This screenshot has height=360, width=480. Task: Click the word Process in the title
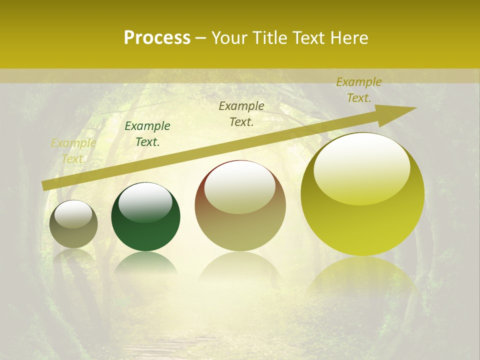[x=157, y=38]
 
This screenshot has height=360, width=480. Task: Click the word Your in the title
[x=230, y=38]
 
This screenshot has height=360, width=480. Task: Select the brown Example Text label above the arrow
[x=241, y=114]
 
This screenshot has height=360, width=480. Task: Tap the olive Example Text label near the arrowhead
[x=359, y=90]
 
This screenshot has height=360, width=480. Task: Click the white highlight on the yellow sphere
[x=362, y=167]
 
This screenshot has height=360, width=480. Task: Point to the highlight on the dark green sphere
[x=145, y=202]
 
